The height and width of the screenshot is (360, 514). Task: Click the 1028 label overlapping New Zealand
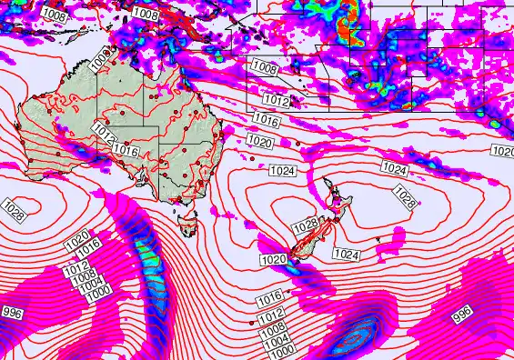pos(305,225)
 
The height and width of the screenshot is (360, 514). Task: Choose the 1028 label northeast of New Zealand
pos(405,194)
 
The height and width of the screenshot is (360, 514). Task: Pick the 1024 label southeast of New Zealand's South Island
pos(346,254)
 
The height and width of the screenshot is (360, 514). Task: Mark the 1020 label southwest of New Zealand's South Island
pos(274,260)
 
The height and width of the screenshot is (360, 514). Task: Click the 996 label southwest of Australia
pos(11,313)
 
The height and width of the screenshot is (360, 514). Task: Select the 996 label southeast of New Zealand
pos(462,315)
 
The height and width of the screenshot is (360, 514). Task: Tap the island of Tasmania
pos(188,221)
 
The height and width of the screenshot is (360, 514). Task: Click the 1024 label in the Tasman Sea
pos(282,171)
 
